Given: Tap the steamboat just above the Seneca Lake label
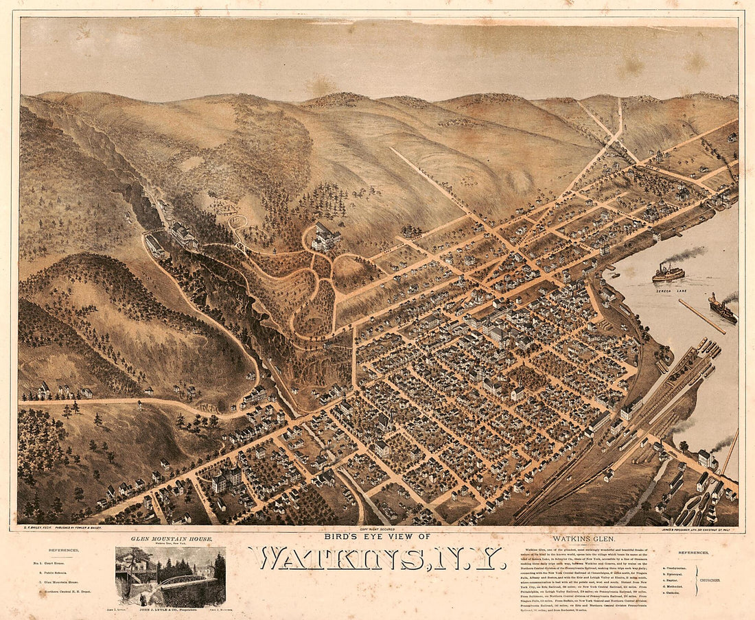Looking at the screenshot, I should [669, 272].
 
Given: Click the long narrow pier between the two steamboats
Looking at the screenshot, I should [701, 316].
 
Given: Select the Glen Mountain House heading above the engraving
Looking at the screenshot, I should [170, 540].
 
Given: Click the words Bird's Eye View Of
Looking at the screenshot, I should [377, 536].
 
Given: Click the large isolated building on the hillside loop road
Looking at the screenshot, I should [325, 236].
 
